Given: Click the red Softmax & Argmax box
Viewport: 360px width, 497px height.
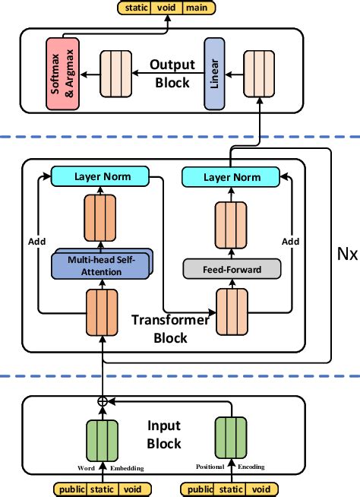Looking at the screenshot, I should [63, 73].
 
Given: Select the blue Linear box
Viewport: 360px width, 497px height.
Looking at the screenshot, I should [215, 73].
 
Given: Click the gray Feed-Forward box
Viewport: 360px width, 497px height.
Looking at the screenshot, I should [232, 268].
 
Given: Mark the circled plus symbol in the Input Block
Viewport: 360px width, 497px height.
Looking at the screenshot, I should [101, 401].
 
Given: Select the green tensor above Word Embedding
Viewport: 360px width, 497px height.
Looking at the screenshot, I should [101, 439].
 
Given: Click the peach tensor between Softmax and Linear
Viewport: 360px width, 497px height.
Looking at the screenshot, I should [116, 73].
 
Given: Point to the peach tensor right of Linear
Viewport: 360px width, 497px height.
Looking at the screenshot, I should [259, 73].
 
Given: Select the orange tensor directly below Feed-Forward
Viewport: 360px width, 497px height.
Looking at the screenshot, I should [232, 312].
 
